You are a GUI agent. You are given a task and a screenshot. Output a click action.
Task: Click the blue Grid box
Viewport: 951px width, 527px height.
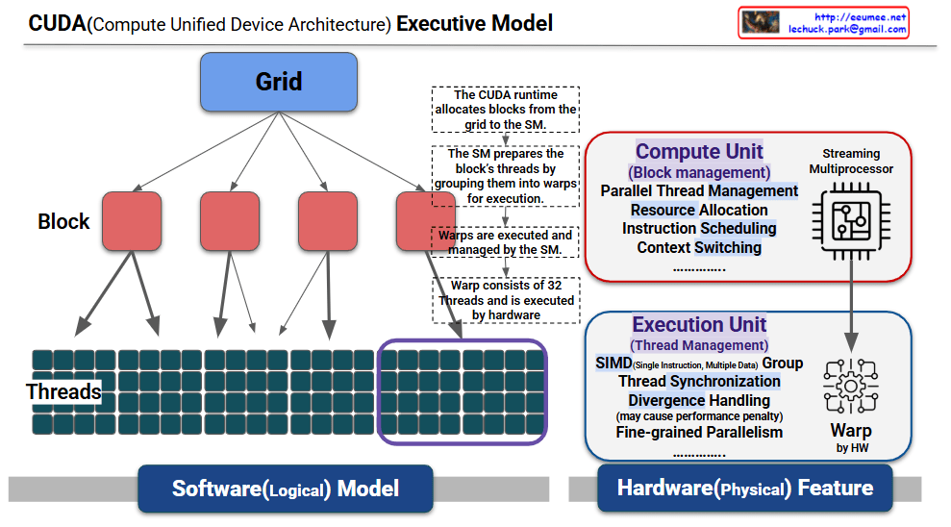(278, 82)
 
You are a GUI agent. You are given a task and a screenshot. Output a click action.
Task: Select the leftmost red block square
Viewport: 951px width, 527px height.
(132, 221)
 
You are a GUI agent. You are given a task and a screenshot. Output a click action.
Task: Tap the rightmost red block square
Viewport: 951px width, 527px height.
(425, 221)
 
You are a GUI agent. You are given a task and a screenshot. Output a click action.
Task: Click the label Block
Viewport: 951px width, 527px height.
(63, 221)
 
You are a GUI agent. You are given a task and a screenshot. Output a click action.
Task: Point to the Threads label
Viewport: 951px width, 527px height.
(63, 391)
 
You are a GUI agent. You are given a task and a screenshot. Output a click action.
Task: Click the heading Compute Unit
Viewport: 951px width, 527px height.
(699, 151)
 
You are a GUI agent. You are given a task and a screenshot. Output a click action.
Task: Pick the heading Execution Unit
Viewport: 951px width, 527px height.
(699, 325)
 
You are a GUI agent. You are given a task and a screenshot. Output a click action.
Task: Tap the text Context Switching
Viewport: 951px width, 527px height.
(699, 247)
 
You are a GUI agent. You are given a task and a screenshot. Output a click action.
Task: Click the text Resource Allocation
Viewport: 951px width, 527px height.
(699, 210)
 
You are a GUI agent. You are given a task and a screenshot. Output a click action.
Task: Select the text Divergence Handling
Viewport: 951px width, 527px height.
(699, 400)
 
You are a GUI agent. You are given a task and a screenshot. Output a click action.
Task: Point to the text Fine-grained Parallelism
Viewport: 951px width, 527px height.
(699, 432)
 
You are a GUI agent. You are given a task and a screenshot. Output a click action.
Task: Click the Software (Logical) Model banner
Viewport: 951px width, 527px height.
(285, 489)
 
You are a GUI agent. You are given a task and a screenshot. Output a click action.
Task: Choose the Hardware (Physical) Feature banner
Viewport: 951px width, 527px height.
(745, 489)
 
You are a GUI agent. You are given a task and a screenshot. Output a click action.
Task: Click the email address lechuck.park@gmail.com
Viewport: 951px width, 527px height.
(847, 30)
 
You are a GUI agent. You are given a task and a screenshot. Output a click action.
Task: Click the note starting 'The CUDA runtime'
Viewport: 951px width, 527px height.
(505, 110)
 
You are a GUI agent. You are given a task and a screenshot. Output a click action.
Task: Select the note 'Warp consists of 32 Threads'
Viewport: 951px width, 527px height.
(505, 300)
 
